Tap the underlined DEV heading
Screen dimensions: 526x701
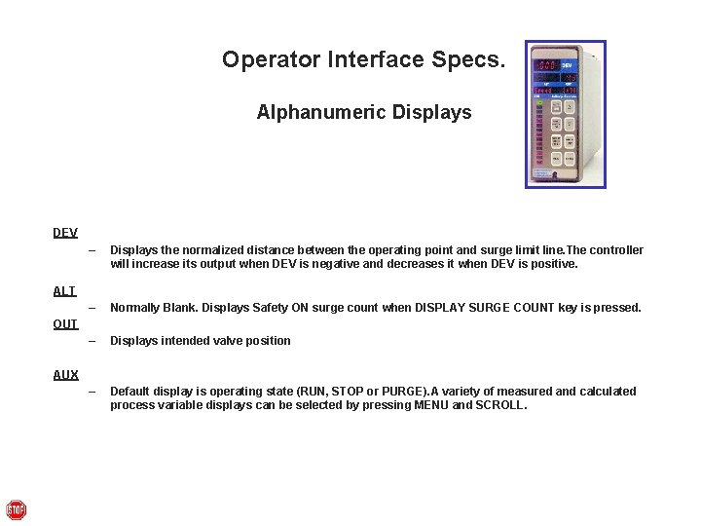[65, 233]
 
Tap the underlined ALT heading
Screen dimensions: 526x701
[64, 291]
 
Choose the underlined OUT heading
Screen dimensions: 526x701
[65, 324]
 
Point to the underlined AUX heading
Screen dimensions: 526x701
[65, 375]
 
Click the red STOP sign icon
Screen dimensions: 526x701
[16, 509]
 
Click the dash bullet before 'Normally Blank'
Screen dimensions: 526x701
[92, 308]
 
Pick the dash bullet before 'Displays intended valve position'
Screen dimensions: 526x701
[92, 341]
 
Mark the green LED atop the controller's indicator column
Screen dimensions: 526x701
[537, 96]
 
